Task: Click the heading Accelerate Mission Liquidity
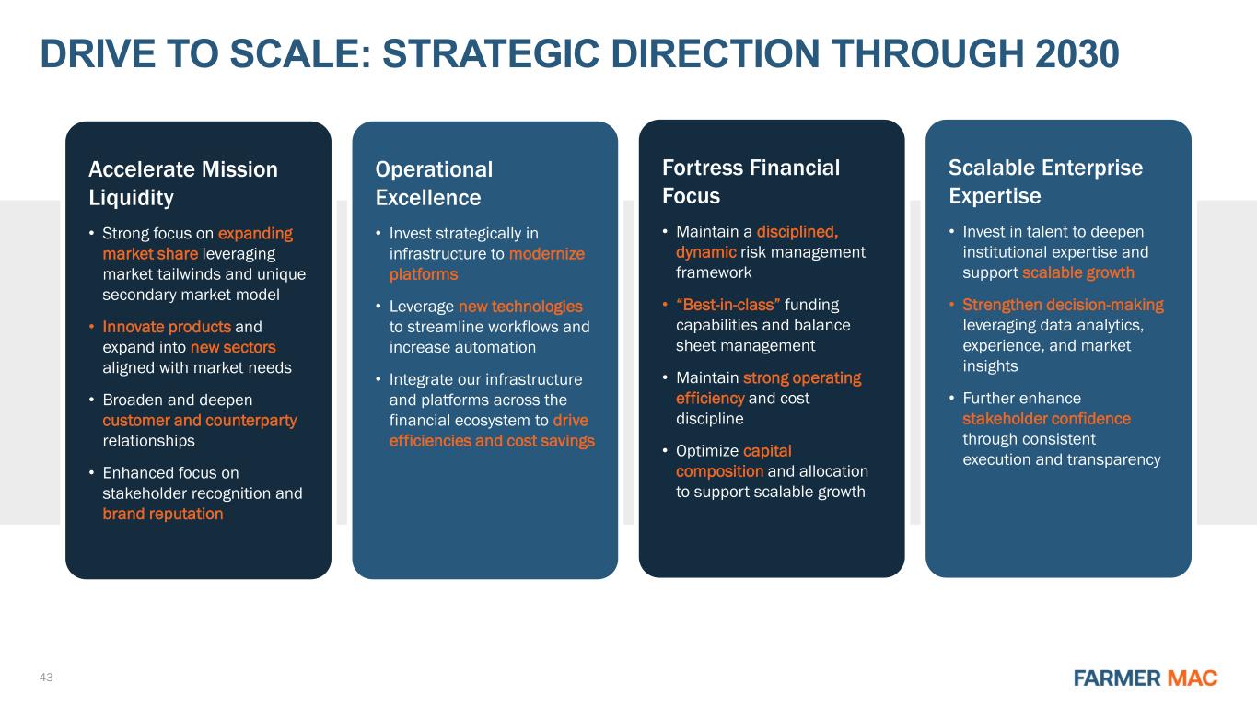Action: [x=183, y=183]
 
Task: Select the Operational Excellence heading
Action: [x=434, y=183]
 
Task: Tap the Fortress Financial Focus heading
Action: [x=751, y=181]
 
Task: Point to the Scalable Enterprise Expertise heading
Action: [x=1045, y=181]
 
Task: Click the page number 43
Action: [x=46, y=678]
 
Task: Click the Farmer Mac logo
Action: [x=1146, y=678]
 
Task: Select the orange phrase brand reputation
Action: [x=163, y=514]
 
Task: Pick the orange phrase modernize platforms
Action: [x=487, y=263]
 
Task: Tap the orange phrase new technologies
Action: [x=521, y=307]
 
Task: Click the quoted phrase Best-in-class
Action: [x=727, y=305]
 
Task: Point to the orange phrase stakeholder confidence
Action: [x=1046, y=419]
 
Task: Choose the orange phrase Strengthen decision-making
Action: [x=1063, y=305]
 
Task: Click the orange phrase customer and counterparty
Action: [x=199, y=421]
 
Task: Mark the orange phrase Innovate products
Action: [x=167, y=327]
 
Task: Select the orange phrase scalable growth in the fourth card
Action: [x=1078, y=272]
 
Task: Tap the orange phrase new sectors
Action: [x=233, y=347]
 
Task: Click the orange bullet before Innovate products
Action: [x=91, y=326]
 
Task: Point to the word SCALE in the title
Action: [x=301, y=54]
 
